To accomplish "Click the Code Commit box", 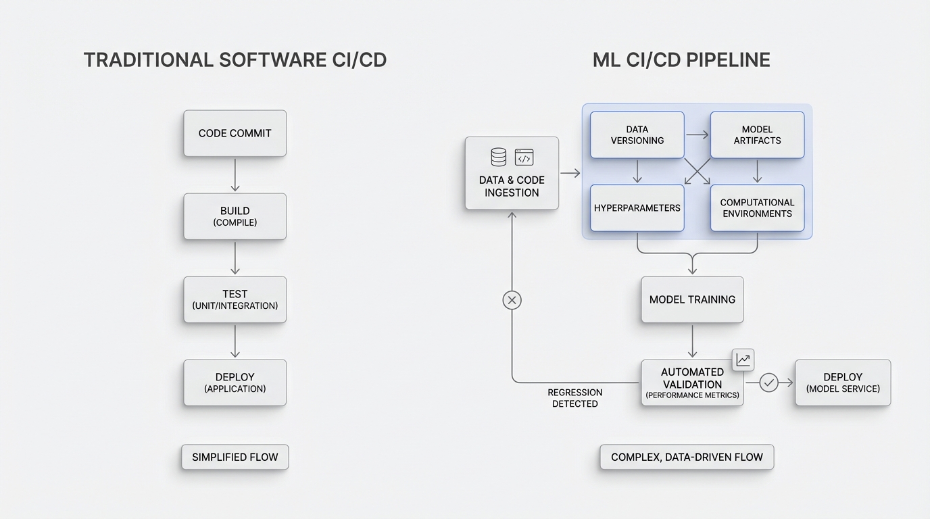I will click(x=235, y=133).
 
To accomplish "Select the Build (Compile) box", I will click(x=235, y=216).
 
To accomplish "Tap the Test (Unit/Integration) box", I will click(x=235, y=299).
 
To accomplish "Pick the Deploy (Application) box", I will click(x=235, y=382).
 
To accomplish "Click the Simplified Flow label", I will click(x=235, y=458).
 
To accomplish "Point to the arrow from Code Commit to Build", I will click(x=235, y=175).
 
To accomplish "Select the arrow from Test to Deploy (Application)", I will click(x=235, y=341).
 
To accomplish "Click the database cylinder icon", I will click(x=498, y=157).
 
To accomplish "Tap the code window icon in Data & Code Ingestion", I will click(x=524, y=157).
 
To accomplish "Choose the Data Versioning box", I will click(x=637, y=134).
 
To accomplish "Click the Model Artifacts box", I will click(x=757, y=134).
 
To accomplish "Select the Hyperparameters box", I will click(x=637, y=208).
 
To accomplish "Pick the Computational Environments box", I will click(x=757, y=208).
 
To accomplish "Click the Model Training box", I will click(x=692, y=299).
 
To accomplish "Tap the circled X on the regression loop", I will click(x=512, y=300).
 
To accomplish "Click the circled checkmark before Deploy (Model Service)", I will click(x=768, y=382).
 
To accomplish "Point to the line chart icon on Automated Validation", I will click(x=743, y=360).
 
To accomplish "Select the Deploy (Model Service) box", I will click(x=842, y=382).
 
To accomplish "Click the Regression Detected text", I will click(x=574, y=398).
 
